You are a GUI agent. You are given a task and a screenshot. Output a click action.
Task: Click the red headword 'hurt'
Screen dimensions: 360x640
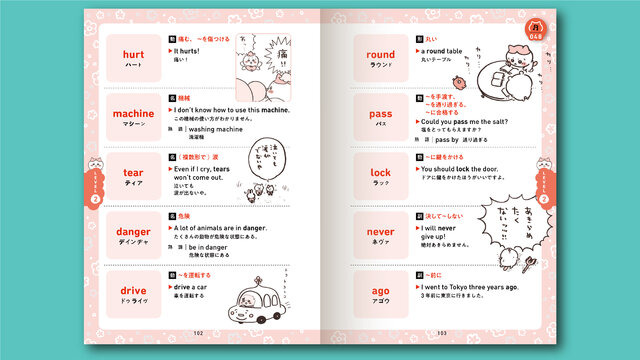click(134, 56)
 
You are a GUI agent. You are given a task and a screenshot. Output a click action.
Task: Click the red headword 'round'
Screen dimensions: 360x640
click(380, 55)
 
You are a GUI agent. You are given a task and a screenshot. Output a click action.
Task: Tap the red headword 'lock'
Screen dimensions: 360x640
click(380, 172)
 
